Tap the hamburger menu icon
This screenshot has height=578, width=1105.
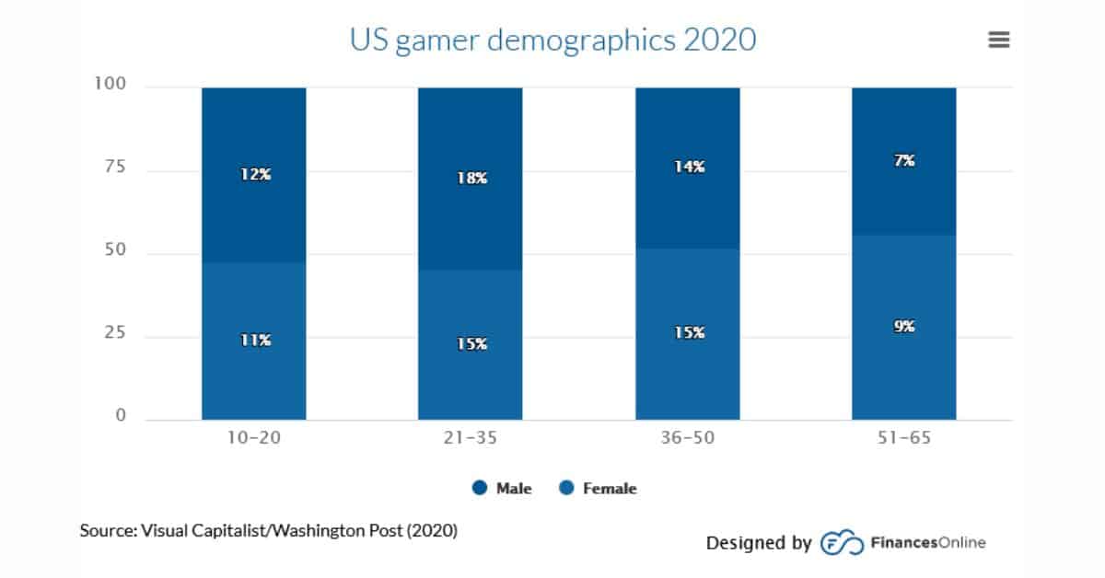click(998, 40)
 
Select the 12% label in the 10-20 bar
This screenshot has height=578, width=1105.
click(253, 174)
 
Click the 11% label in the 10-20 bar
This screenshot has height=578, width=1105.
click(253, 340)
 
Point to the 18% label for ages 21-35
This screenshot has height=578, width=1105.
click(470, 178)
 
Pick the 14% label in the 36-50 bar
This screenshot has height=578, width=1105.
click(687, 167)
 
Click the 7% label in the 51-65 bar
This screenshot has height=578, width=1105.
click(903, 160)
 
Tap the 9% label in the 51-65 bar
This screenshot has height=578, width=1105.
click(903, 326)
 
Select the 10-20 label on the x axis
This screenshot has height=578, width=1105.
click(253, 438)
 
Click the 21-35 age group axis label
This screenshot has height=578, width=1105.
click(470, 438)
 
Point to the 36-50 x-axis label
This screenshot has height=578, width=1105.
click(687, 438)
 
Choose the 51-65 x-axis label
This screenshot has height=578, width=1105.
click(903, 438)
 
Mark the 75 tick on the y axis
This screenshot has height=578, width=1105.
click(114, 168)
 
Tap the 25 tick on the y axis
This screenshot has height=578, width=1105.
click(114, 335)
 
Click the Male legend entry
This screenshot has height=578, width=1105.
click(503, 489)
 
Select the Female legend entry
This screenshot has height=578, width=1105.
click(599, 489)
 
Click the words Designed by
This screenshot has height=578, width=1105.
click(759, 543)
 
